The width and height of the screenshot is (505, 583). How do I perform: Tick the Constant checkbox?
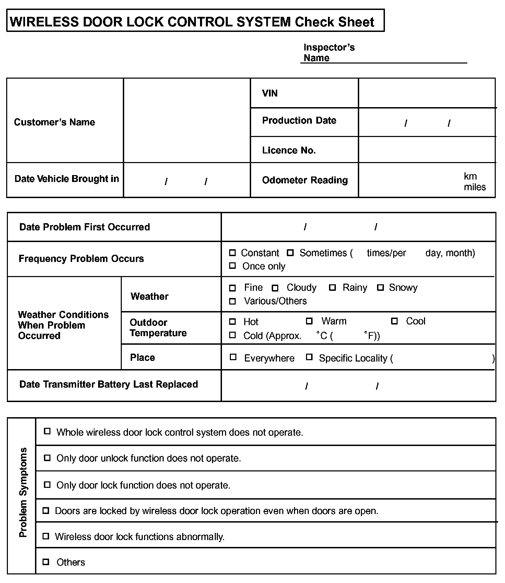tap(232, 253)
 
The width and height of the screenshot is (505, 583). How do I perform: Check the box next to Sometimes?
tap(290, 253)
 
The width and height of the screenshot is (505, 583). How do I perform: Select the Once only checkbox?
tap(232, 266)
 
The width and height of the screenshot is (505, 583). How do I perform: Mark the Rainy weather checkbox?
tap(332, 288)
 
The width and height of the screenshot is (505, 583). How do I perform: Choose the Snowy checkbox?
tap(380, 288)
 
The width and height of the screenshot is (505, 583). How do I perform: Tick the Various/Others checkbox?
tap(232, 301)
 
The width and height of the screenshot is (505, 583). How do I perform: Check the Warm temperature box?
tap(309, 321)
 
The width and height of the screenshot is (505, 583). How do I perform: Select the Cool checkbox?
tap(395, 321)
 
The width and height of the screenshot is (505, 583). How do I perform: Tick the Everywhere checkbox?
tap(233, 357)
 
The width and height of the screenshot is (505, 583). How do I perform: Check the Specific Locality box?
tap(309, 357)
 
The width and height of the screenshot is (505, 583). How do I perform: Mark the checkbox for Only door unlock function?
tap(47, 458)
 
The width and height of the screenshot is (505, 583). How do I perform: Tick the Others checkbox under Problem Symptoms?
tap(46, 562)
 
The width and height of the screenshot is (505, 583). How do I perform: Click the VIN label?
tap(270, 93)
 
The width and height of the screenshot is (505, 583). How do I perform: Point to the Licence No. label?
tap(289, 150)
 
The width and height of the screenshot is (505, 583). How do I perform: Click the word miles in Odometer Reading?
tap(475, 187)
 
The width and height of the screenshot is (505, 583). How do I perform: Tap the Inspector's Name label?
tap(329, 53)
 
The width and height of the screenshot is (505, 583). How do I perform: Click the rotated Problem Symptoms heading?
tap(23, 492)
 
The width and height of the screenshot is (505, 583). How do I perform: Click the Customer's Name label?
tap(55, 122)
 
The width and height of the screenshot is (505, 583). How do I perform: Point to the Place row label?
tap(142, 357)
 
